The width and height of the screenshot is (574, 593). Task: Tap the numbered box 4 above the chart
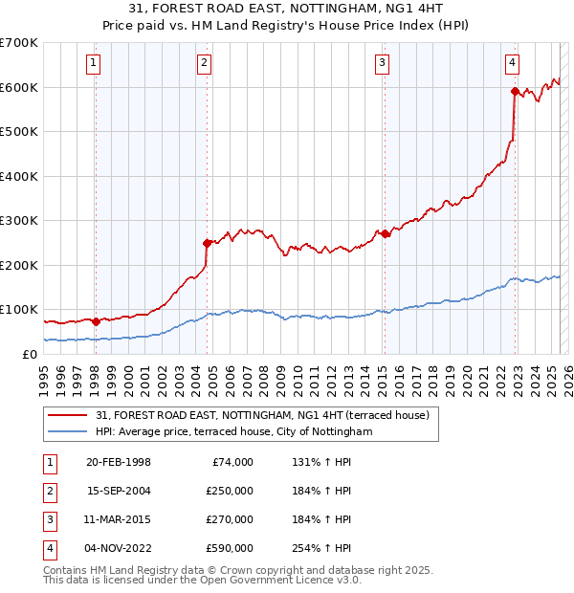(513, 63)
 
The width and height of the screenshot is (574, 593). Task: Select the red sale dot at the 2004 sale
(207, 243)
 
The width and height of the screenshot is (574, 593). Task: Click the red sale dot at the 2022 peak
(515, 92)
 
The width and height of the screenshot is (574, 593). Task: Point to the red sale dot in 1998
(96, 321)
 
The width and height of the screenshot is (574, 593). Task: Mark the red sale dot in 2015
(384, 233)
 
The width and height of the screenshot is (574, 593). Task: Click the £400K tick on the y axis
(19, 176)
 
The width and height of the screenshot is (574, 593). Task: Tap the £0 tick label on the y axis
(30, 354)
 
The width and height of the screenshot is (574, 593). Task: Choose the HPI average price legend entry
(233, 431)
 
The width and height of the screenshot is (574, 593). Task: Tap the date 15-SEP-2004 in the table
(118, 491)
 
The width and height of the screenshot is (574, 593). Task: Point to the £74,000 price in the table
(232, 462)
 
